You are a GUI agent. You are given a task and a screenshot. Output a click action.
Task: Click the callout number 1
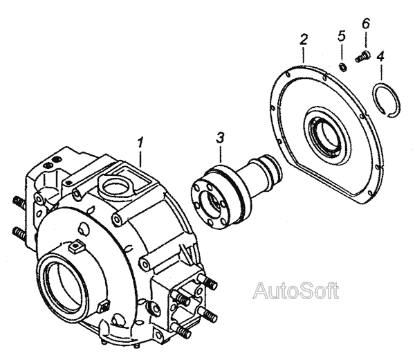click(141, 143)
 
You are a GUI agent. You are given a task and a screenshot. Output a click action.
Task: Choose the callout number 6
click(366, 24)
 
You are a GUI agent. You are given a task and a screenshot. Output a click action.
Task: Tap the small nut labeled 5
click(341, 66)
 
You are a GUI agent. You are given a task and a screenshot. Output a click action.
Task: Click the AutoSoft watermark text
click(295, 290)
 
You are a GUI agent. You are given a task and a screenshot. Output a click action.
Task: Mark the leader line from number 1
click(140, 156)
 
